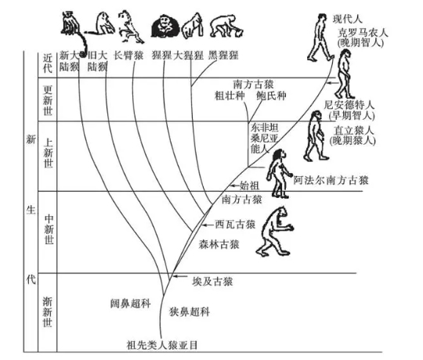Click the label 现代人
coord(347,20)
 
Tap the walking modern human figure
coord(320,38)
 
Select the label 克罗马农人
coord(363,34)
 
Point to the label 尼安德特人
coord(349,105)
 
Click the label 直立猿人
coord(353,131)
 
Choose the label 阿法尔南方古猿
coord(331,180)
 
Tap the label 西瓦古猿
coord(235,224)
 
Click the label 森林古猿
coord(219,244)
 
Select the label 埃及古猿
coord(212,282)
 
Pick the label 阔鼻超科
coord(130,304)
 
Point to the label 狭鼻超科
coord(190,311)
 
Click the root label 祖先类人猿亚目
coord(162,345)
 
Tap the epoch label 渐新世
coord(48,311)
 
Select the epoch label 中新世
coord(49,229)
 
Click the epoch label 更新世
coord(48,100)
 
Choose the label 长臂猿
coord(128,56)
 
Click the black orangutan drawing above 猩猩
coord(165,26)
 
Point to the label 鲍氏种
coord(271,96)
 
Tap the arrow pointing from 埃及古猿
coord(180,276)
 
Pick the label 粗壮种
coord(230,96)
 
